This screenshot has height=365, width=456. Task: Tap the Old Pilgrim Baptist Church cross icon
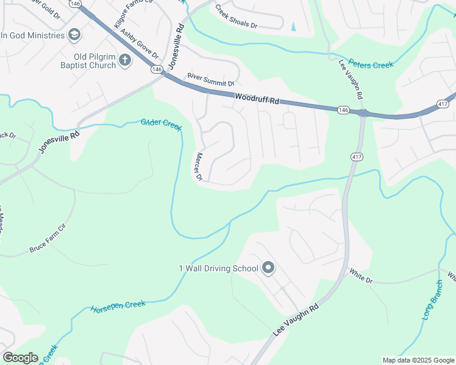(125, 60)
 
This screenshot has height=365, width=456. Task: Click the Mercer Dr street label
(198, 167)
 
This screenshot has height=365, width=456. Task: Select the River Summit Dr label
(211, 79)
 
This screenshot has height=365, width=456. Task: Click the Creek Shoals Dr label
(237, 18)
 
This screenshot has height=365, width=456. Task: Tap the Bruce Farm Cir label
(47, 240)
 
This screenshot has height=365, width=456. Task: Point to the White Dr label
(360, 275)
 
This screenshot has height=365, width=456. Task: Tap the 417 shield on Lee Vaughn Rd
(355, 157)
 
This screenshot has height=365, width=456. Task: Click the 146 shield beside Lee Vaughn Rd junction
(343, 110)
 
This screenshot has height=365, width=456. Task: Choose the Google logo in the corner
(20, 358)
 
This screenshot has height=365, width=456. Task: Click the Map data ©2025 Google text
(418, 360)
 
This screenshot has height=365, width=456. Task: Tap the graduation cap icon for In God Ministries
(74, 35)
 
